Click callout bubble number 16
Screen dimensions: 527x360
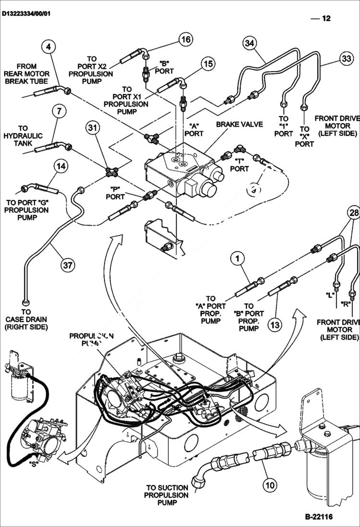[186, 39]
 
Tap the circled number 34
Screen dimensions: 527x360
[248, 43]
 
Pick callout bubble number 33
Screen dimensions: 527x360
[346, 59]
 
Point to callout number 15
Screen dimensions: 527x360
[208, 63]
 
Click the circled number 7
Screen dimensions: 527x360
[58, 111]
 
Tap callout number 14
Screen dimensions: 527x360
[61, 166]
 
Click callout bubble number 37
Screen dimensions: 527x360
[69, 264]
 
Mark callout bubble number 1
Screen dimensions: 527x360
[236, 259]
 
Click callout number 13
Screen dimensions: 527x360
[274, 325]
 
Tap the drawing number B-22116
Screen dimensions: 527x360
[318, 517]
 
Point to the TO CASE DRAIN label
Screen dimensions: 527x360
[26, 319]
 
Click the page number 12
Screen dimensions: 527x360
[326, 19]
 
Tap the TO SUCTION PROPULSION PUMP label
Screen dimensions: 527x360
[166, 495]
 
